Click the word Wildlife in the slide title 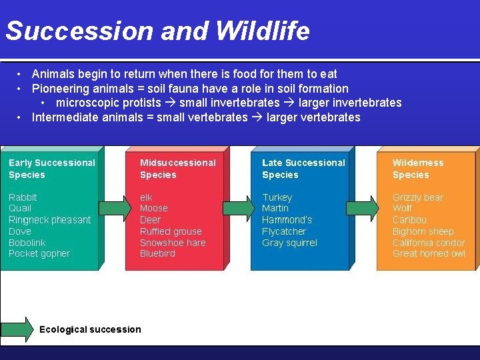pyautogui.click(x=262, y=31)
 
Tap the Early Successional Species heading pyautogui.click(x=51, y=169)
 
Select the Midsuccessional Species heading pyautogui.click(x=177, y=169)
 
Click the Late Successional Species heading pyautogui.click(x=303, y=169)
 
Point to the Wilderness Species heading pyautogui.click(x=417, y=169)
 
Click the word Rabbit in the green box pyautogui.click(x=23, y=197)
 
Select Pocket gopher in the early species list pyautogui.click(x=39, y=254)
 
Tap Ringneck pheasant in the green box pyautogui.click(x=49, y=220)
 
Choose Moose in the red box pyautogui.click(x=153, y=209)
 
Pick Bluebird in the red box pyautogui.click(x=157, y=254)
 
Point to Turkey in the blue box pyautogui.click(x=277, y=197)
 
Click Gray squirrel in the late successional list pyautogui.click(x=289, y=243)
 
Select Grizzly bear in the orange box pyautogui.click(x=417, y=197)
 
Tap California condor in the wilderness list pyautogui.click(x=429, y=243)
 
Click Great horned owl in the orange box pyautogui.click(x=429, y=254)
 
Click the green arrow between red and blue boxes pyautogui.click(x=235, y=209)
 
